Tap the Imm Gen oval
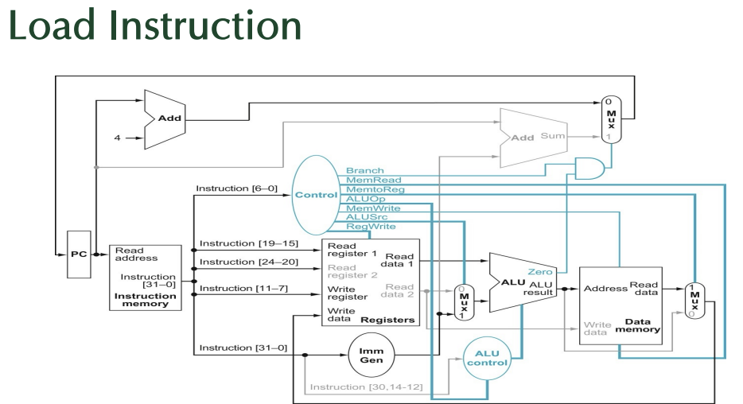tap(371, 355)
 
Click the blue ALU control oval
tap(486, 357)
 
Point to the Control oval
tap(316, 195)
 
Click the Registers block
tap(368, 282)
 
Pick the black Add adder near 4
tap(165, 119)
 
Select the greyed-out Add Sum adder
tap(532, 137)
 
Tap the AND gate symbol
tap(589, 167)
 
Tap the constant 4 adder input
tap(117, 138)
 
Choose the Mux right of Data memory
tap(695, 301)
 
